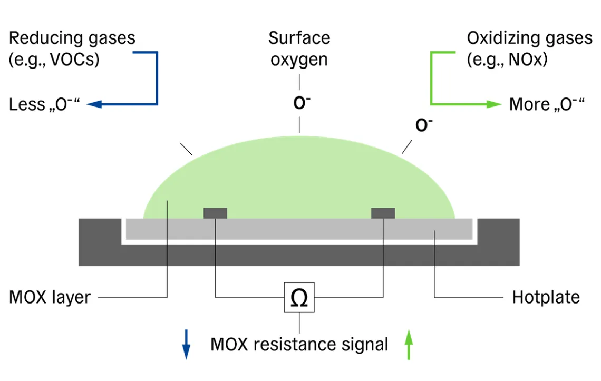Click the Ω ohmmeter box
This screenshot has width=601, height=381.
299,298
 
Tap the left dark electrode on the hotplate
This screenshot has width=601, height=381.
215,213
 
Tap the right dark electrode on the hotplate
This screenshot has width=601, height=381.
383,213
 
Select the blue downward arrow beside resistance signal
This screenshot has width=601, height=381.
186,345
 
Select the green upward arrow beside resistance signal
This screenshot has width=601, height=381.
409,345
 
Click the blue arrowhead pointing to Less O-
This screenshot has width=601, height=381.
94,104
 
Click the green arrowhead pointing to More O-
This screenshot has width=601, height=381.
493,104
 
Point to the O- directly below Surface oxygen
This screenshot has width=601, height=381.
301,103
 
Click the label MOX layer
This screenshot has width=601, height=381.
50,297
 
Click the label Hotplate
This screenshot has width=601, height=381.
546,297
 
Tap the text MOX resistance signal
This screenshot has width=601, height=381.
299,345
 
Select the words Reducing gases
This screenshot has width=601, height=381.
72,38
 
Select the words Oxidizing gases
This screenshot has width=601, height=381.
529,38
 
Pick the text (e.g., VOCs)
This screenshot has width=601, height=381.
54,60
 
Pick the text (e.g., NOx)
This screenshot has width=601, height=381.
507,60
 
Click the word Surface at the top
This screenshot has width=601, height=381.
299,38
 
